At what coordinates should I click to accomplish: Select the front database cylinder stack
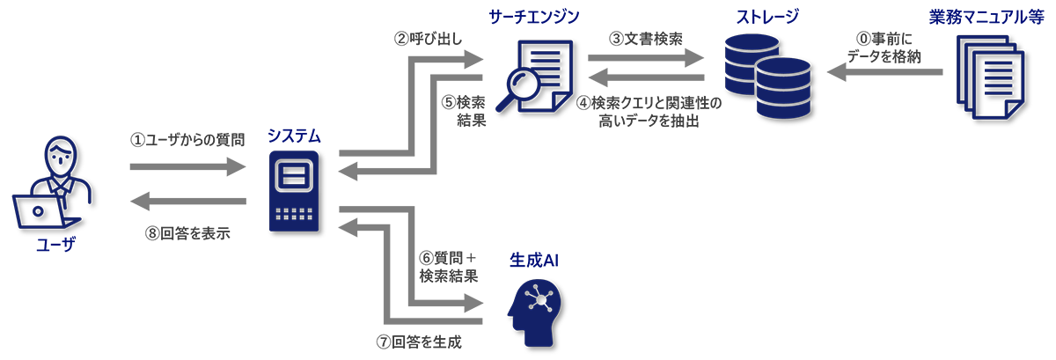pyautogui.click(x=781, y=88)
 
